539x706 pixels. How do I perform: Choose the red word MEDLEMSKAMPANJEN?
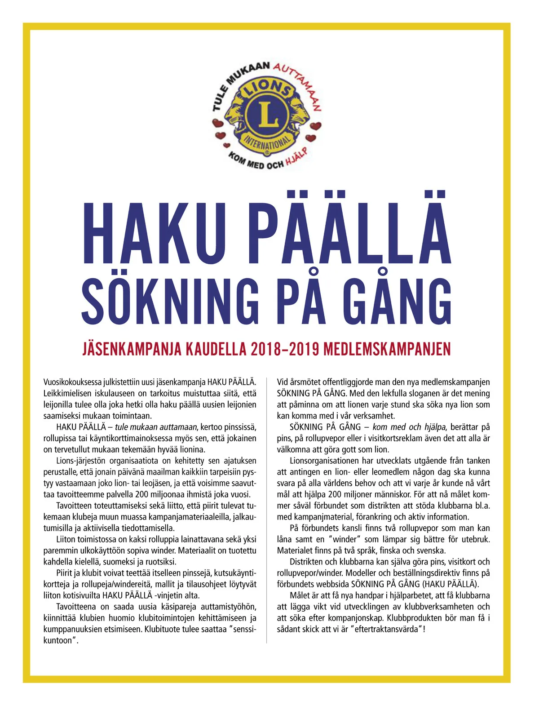pyautogui.click(x=387, y=349)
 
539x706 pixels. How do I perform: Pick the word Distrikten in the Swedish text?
pyautogui.click(x=307, y=562)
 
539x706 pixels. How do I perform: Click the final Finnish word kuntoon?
pyautogui.click(x=58, y=640)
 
